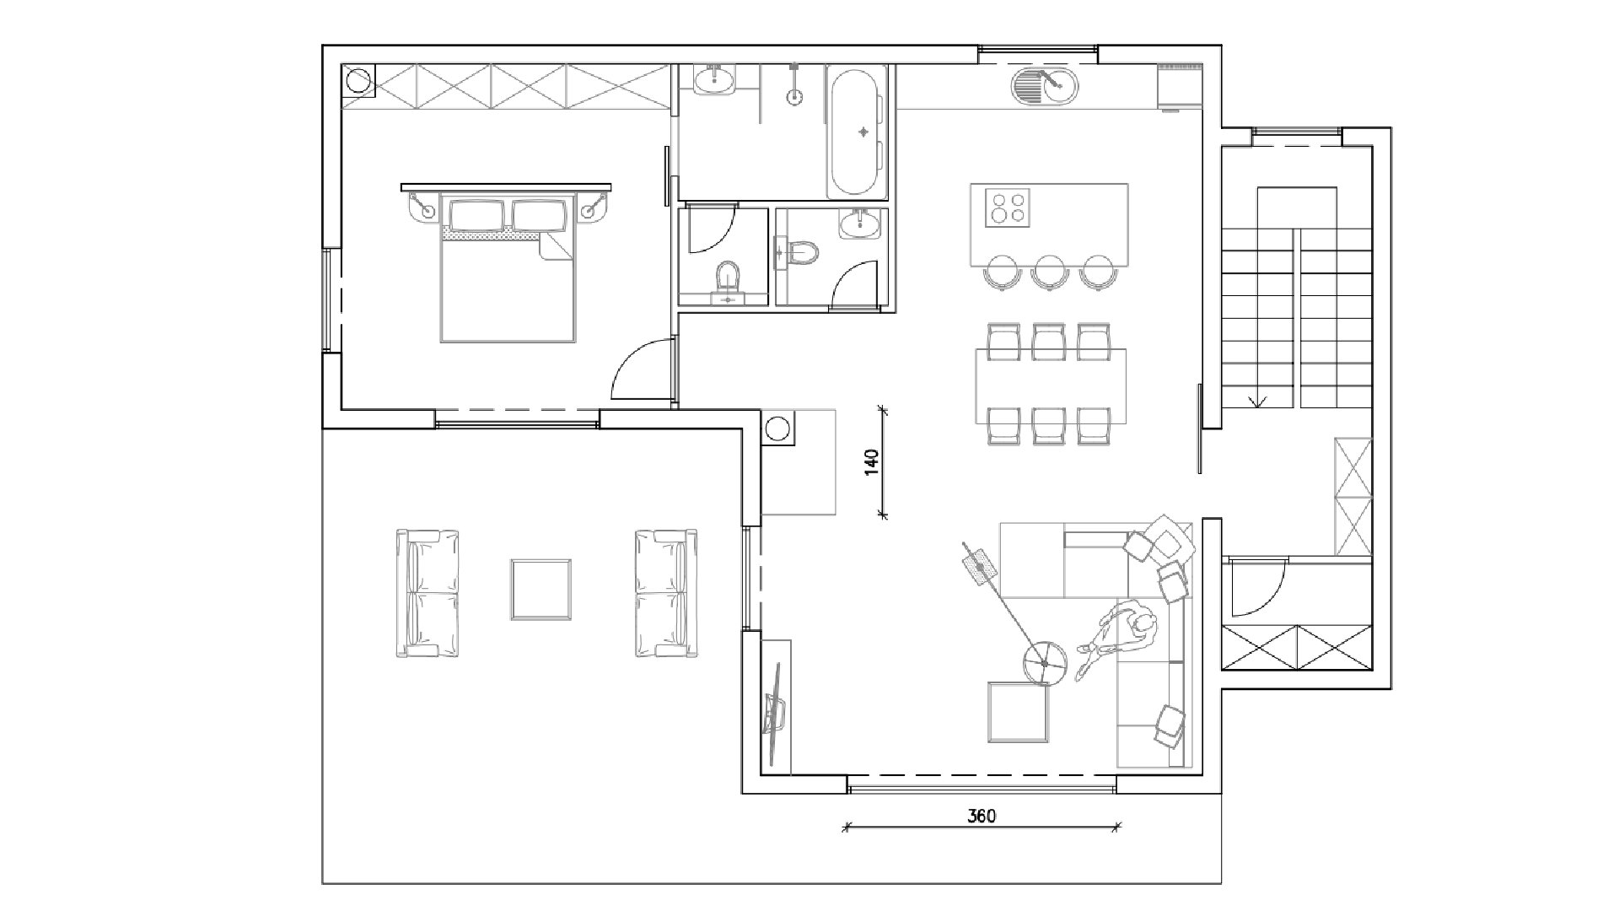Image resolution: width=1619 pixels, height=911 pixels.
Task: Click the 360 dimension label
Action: point(982,816)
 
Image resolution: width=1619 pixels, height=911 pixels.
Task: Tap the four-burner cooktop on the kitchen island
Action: point(1009,208)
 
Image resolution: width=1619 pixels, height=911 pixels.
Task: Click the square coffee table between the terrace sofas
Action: point(541,590)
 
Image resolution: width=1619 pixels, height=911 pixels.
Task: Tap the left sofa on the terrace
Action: point(429,593)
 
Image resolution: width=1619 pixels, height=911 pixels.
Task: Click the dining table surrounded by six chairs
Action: point(1051,385)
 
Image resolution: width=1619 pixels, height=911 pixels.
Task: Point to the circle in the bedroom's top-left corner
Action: point(358,81)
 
